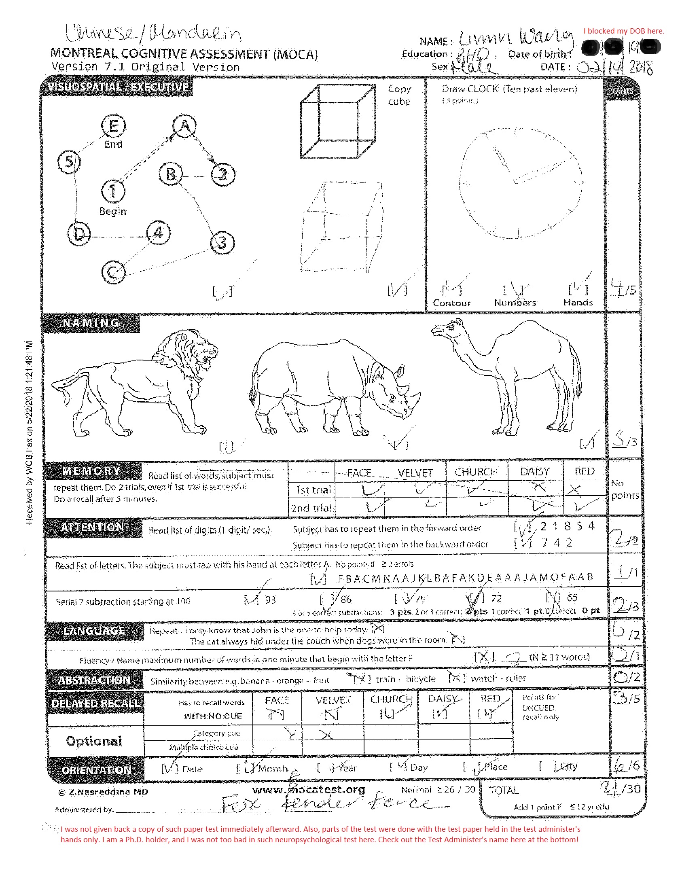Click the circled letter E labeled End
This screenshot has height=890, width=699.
(113, 126)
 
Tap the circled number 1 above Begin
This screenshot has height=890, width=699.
(113, 191)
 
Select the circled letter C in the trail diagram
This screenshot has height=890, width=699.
(113, 272)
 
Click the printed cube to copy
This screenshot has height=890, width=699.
(338, 121)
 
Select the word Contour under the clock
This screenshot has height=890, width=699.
(452, 303)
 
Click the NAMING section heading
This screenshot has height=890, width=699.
(91, 323)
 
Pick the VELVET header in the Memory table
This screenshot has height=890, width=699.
(415, 473)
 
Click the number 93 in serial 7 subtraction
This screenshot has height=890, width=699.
(270, 600)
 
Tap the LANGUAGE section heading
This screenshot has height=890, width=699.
(94, 631)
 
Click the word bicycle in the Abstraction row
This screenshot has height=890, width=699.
(420, 679)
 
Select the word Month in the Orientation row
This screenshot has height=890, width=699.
(273, 769)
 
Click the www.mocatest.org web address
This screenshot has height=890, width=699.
(309, 789)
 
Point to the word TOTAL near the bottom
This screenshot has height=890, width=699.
(504, 790)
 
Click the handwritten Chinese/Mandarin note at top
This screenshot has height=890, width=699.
(153, 34)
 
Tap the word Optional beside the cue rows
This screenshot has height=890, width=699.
(94, 741)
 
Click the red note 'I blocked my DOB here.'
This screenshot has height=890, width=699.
(624, 31)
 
